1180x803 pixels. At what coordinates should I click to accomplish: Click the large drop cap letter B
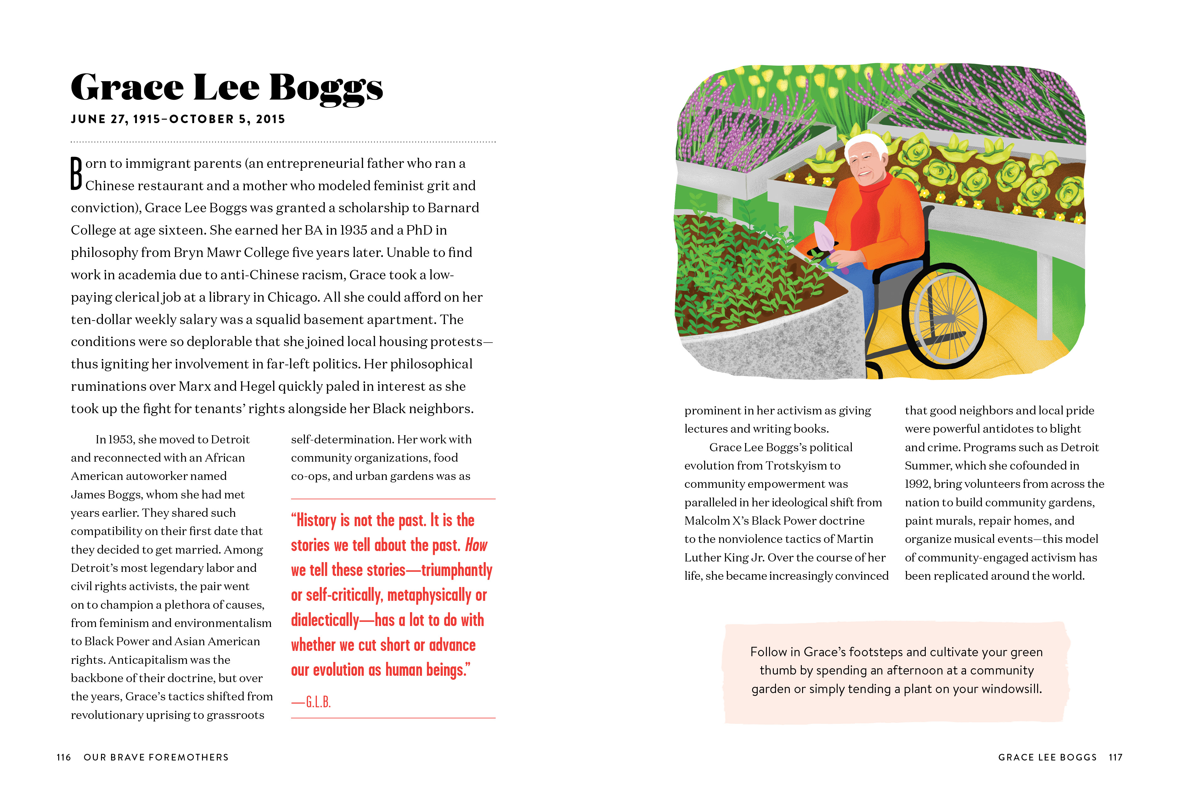(76, 174)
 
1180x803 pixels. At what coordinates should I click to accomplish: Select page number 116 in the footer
(64, 757)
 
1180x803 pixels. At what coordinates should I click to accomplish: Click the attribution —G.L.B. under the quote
(311, 702)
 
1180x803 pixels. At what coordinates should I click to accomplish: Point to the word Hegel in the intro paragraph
(257, 387)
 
